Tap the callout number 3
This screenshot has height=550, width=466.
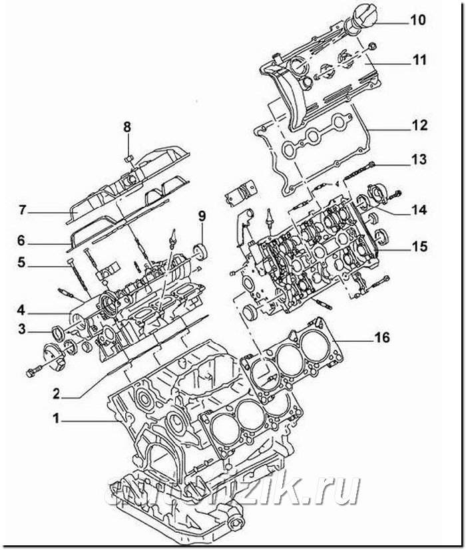click(x=21, y=328)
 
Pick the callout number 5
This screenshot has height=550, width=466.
click(x=21, y=263)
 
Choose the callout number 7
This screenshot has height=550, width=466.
click(x=21, y=210)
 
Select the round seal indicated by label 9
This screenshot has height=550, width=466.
click(x=198, y=254)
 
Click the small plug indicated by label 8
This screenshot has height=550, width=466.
click(x=130, y=158)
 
